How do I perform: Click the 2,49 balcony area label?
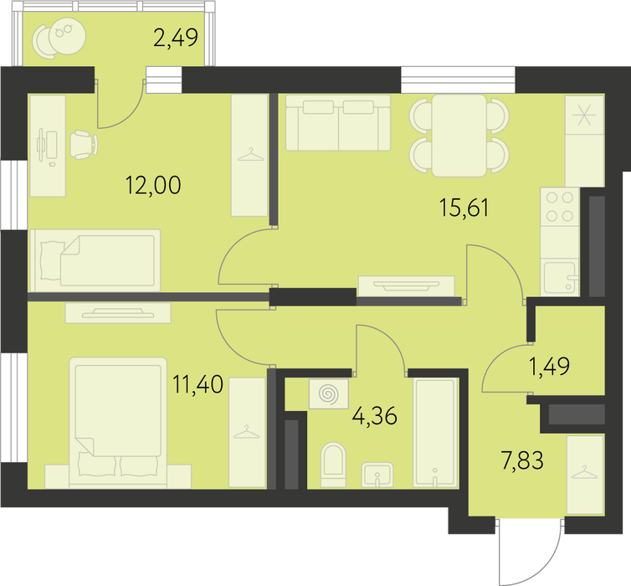coord(176,38)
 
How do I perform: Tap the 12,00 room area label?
coord(153,185)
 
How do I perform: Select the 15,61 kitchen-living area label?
coord(464,208)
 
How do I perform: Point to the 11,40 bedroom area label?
coord(198,384)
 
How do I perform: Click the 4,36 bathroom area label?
coord(375,415)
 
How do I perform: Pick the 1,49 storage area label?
coord(549,367)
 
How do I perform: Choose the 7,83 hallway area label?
coord(522,460)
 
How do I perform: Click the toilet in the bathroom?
coord(334,465)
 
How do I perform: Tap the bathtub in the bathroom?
coord(436,433)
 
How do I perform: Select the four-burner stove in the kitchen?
coord(560,207)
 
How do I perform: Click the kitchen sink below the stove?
coord(560,278)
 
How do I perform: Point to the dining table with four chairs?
coord(459,136)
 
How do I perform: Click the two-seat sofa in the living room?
coord(338,123)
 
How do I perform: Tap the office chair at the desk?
coord(84,145)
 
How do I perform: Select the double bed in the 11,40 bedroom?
coord(118,423)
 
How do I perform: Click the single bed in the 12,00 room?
coord(95,260)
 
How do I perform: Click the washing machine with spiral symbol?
coord(328,393)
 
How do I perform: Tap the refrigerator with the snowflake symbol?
coord(584,141)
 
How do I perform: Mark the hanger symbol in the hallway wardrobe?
coord(585,472)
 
